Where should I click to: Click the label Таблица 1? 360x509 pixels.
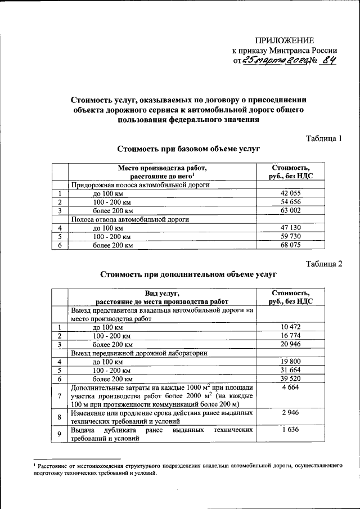[x=323, y=138]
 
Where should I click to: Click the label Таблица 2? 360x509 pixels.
[x=323, y=264]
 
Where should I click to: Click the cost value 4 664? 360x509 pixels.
[x=290, y=388]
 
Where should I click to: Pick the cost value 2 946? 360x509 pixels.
[x=290, y=413]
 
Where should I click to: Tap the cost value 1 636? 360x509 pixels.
[x=290, y=431]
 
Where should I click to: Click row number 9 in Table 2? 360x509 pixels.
[x=59, y=434]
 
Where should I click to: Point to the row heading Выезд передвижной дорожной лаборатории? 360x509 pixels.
[x=138, y=353]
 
